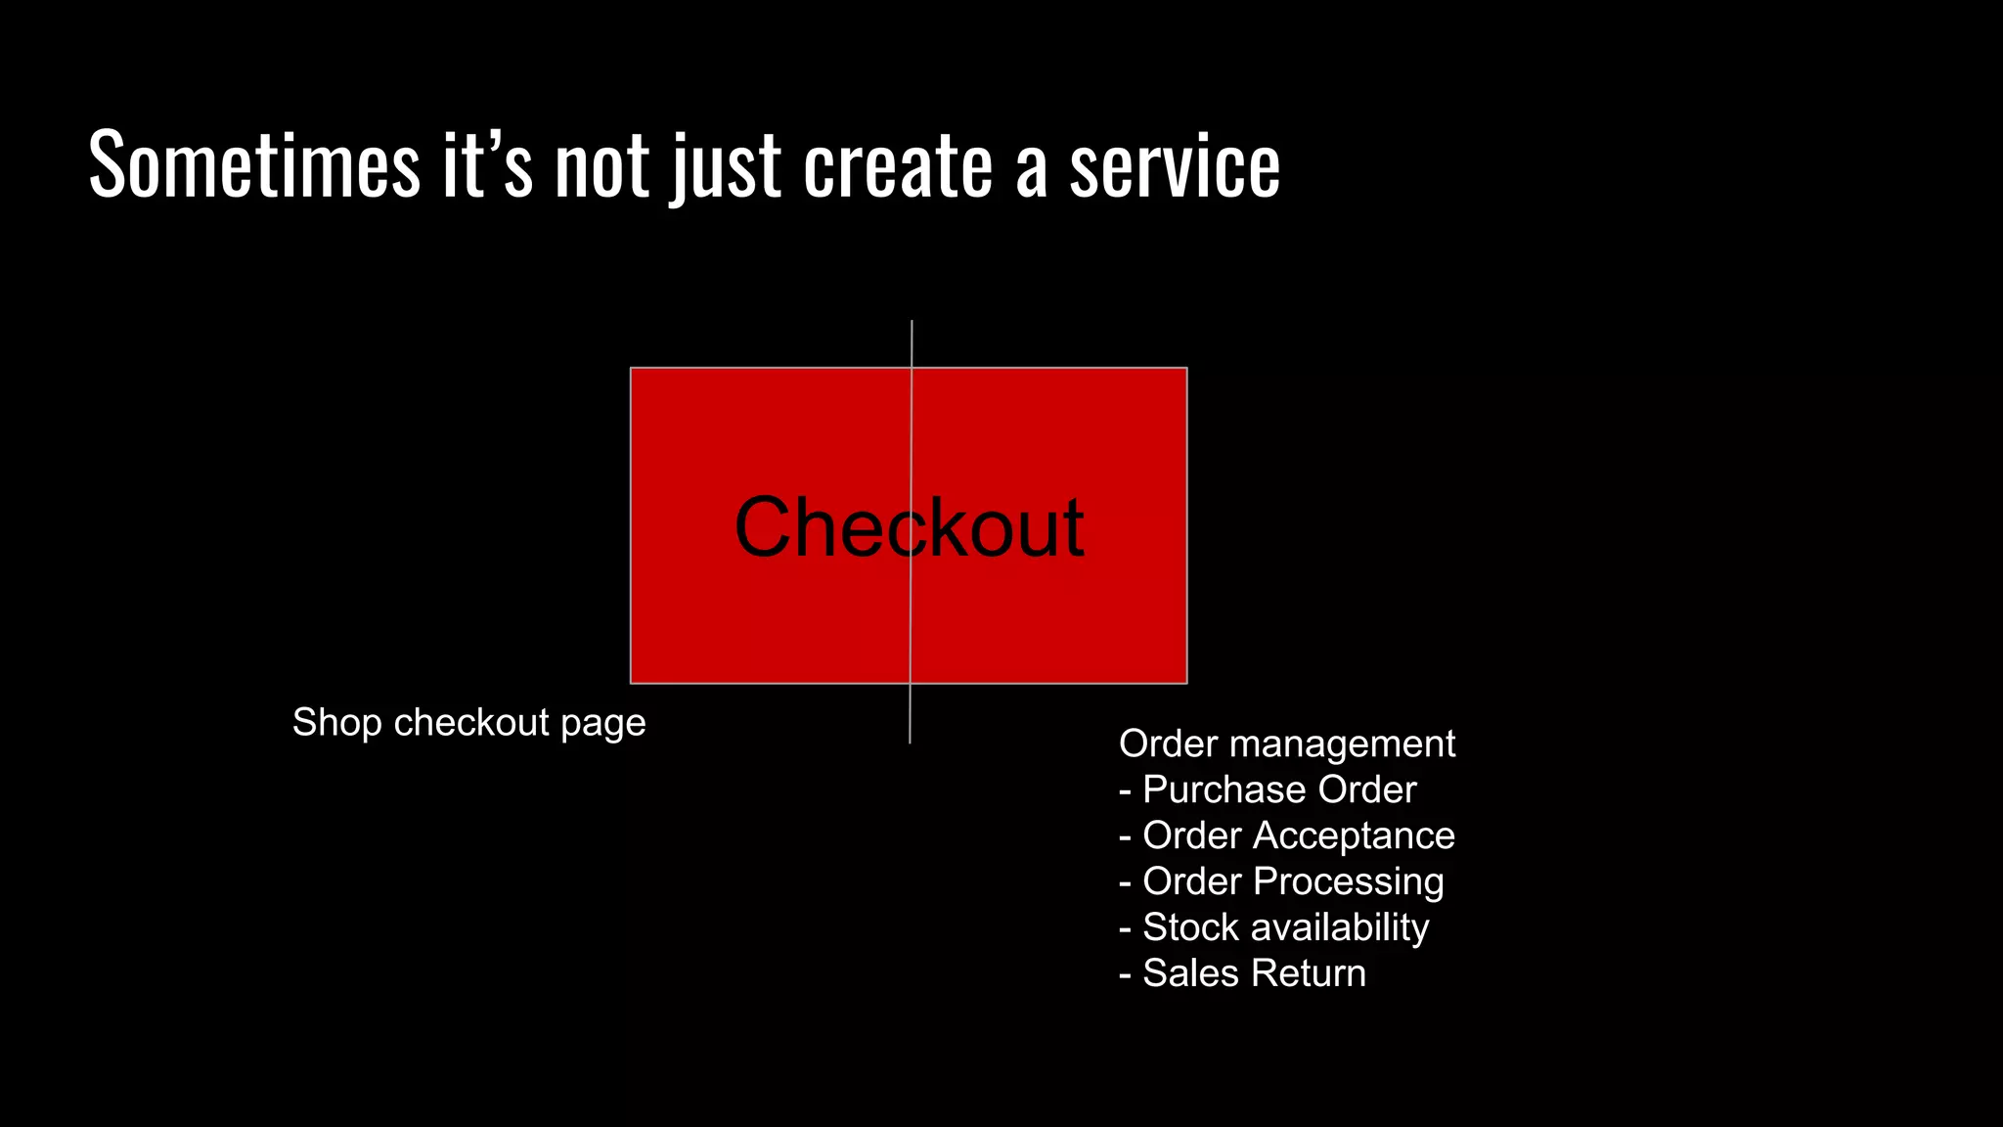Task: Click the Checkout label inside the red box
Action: pyautogui.click(x=909, y=528)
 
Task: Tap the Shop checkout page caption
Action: pyautogui.click(x=468, y=723)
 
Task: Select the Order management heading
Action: pyautogui.click(x=1286, y=744)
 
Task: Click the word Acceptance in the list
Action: pyautogui.click(x=1354, y=835)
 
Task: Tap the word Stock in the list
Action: pyautogui.click(x=1190, y=927)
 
